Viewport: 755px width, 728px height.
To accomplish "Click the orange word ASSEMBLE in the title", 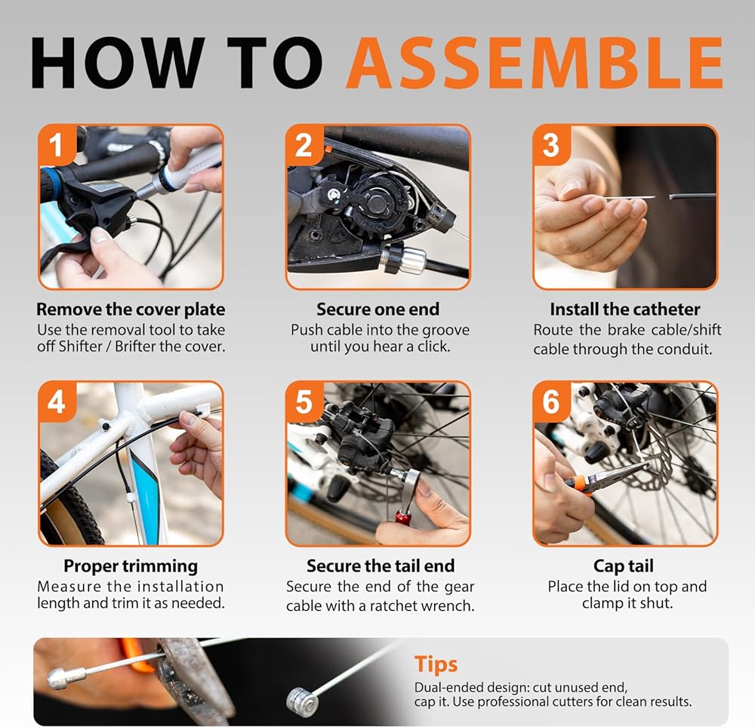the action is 535,63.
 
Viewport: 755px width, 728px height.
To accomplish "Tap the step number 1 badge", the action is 57,144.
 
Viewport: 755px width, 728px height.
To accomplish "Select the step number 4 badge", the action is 57,401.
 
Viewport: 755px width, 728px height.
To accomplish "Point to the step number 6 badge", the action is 551,401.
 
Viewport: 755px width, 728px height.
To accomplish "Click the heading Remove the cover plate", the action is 131,309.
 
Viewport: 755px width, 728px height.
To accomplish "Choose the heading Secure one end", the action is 378,309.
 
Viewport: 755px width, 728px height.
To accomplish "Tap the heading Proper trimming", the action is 131,566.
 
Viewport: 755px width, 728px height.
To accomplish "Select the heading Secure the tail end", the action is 381,566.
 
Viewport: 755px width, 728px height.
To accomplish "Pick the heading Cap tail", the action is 624,566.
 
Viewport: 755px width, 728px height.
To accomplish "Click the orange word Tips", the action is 436,665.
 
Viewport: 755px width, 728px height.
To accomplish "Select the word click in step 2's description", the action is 431,347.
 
